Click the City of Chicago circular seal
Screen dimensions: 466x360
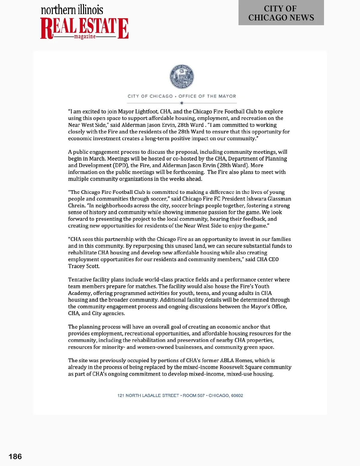[x=182, y=77]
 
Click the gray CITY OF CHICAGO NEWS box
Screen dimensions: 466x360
[x=281, y=13]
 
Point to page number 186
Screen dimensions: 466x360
[x=15, y=456]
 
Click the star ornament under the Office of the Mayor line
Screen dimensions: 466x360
[x=182, y=103]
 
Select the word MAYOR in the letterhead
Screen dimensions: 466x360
[x=227, y=96]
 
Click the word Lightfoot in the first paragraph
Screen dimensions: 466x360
[x=146, y=112]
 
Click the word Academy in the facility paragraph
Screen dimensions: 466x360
[x=79, y=293]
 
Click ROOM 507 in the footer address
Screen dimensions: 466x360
[x=193, y=395]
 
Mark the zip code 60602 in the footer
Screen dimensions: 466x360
[x=237, y=395]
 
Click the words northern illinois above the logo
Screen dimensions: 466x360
[x=72, y=10]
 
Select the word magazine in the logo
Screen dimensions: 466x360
[x=85, y=37]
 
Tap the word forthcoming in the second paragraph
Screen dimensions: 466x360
[x=188, y=172]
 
